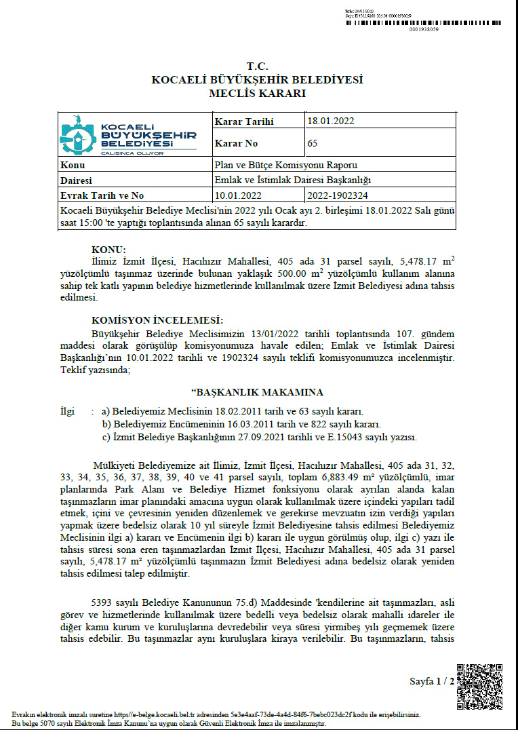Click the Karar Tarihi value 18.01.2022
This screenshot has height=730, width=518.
tap(330, 121)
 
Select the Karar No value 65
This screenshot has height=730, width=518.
tap(313, 143)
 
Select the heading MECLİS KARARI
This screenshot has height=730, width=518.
tap(258, 93)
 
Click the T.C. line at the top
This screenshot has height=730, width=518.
tap(258, 66)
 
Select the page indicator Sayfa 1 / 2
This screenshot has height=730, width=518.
tap(432, 681)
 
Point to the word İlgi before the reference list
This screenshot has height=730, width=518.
tap(67, 411)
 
